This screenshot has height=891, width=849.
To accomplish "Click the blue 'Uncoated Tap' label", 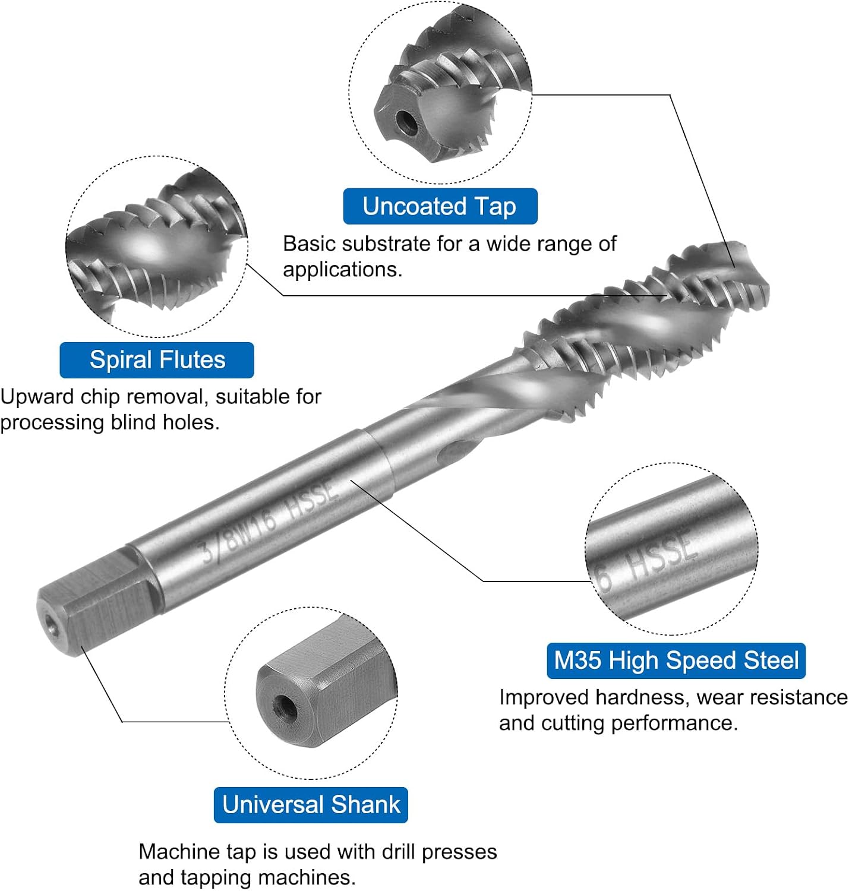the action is tap(440, 206).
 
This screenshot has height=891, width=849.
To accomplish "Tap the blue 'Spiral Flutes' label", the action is tap(157, 360).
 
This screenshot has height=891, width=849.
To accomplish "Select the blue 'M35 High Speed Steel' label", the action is tap(676, 661).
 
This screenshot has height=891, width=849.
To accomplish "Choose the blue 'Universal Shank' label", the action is tap(311, 805).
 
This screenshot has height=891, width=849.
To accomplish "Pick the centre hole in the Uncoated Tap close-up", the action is tap(406, 121).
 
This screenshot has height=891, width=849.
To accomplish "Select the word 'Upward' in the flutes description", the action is tap(37, 397).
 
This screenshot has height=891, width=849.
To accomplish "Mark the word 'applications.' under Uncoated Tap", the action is tap(343, 270).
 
